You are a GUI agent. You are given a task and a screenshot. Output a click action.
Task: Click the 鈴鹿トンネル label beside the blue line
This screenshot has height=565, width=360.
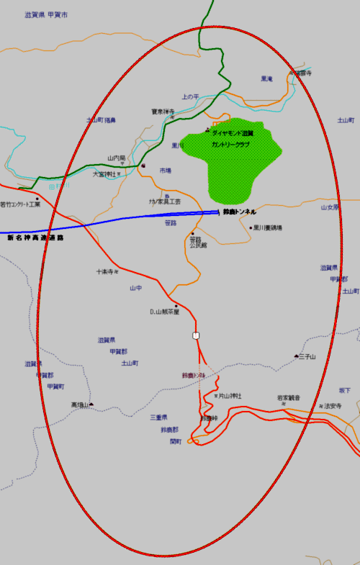point(240,212)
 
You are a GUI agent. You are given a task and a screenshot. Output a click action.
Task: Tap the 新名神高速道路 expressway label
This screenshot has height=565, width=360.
point(35,238)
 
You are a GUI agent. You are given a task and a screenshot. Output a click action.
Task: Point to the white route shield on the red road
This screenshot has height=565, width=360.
point(196,335)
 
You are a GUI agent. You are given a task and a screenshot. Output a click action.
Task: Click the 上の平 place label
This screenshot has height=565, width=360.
point(189,96)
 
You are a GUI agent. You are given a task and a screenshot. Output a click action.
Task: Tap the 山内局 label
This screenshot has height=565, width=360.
point(117,158)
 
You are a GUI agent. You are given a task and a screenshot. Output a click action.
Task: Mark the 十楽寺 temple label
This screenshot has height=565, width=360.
point(106,272)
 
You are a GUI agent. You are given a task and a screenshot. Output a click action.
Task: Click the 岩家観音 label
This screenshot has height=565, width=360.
point(289,397)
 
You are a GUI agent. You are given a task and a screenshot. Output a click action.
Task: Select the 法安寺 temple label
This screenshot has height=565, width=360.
point(332,406)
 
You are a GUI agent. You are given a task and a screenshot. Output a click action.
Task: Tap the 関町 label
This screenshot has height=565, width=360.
point(176,441)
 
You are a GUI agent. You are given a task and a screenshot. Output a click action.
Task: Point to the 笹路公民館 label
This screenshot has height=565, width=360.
point(198,242)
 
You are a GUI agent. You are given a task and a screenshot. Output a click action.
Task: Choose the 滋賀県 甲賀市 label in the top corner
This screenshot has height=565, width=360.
point(46,14)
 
